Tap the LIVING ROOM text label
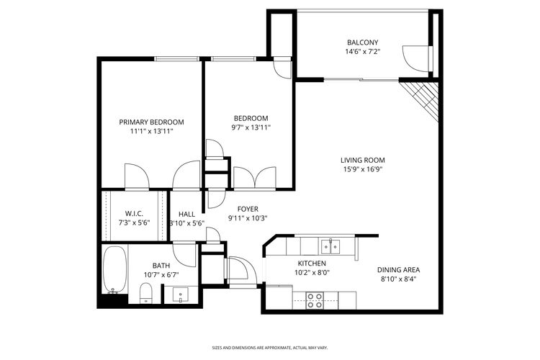pyautogui.click(x=363, y=161)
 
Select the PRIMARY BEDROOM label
pyautogui.click(x=151, y=122)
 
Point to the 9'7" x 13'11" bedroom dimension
pyautogui.click(x=251, y=128)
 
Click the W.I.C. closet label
pyautogui.click(x=135, y=214)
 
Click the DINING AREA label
pyautogui.click(x=398, y=269)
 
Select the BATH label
pyautogui.click(x=161, y=266)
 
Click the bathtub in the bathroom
pyautogui.click(x=114, y=271)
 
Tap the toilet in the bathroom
pyautogui.click(x=145, y=292)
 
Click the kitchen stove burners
pyautogui.click(x=315, y=300)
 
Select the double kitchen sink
pyautogui.click(x=331, y=246)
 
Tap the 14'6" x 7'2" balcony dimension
pyautogui.click(x=362, y=52)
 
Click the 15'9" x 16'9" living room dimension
pyautogui.click(x=363, y=170)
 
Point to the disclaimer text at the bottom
pyautogui.click(x=269, y=346)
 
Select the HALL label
pyautogui.click(x=187, y=214)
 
